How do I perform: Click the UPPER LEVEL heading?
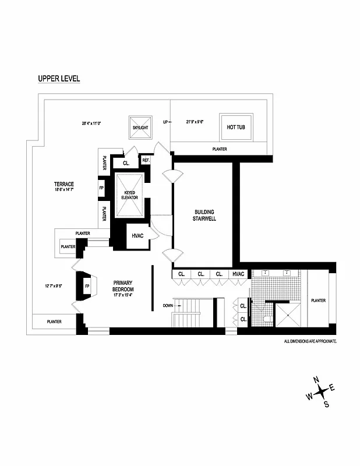pos(59,79)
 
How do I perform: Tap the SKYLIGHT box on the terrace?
pos(140,127)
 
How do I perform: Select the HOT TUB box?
pos(236,128)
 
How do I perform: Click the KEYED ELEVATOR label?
pos(130,195)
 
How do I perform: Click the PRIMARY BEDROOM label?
pos(123,289)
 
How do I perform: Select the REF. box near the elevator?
pos(146,160)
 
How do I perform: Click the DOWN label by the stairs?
pos(167,305)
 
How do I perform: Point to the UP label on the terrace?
pos(165,122)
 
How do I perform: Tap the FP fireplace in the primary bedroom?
pos(87,287)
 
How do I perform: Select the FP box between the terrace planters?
pos(101,189)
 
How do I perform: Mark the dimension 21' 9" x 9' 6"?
pos(195,122)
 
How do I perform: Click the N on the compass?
pos(316,380)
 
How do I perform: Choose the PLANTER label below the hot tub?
pos(220,149)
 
